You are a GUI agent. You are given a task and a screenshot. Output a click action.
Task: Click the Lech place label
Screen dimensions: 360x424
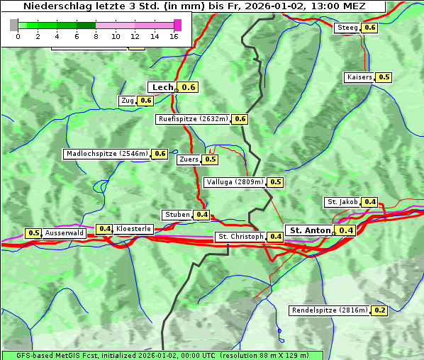(162, 87)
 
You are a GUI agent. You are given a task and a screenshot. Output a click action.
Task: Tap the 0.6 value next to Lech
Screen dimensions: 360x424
(188, 87)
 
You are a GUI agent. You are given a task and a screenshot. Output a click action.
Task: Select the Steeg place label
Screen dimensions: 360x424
(347, 28)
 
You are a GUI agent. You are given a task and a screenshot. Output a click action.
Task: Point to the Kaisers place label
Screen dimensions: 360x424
(359, 77)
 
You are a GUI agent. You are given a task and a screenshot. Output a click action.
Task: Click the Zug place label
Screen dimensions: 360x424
(128, 101)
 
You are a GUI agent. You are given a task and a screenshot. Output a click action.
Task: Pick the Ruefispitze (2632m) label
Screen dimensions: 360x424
(193, 119)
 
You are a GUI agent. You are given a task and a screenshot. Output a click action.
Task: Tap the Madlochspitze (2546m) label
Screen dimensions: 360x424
(106, 154)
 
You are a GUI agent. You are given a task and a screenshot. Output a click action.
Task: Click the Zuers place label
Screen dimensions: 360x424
(189, 159)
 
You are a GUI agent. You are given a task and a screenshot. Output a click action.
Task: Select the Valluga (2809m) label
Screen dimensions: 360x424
(235, 182)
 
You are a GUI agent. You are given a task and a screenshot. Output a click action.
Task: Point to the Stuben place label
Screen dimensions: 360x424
(177, 215)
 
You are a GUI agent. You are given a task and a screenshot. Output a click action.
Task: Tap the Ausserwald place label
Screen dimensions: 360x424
(65, 233)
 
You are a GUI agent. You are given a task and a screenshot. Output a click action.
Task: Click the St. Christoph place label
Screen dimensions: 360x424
(240, 237)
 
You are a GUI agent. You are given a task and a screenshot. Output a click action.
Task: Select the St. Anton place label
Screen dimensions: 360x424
(311, 230)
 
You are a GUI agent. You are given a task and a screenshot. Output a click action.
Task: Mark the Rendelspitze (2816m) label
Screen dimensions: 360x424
(330, 310)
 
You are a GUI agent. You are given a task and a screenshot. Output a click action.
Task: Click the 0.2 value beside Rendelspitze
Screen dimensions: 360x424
(380, 310)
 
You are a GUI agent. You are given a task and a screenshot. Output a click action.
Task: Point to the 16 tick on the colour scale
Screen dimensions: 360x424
(174, 36)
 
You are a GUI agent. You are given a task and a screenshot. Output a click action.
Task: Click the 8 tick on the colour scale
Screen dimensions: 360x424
(96, 36)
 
